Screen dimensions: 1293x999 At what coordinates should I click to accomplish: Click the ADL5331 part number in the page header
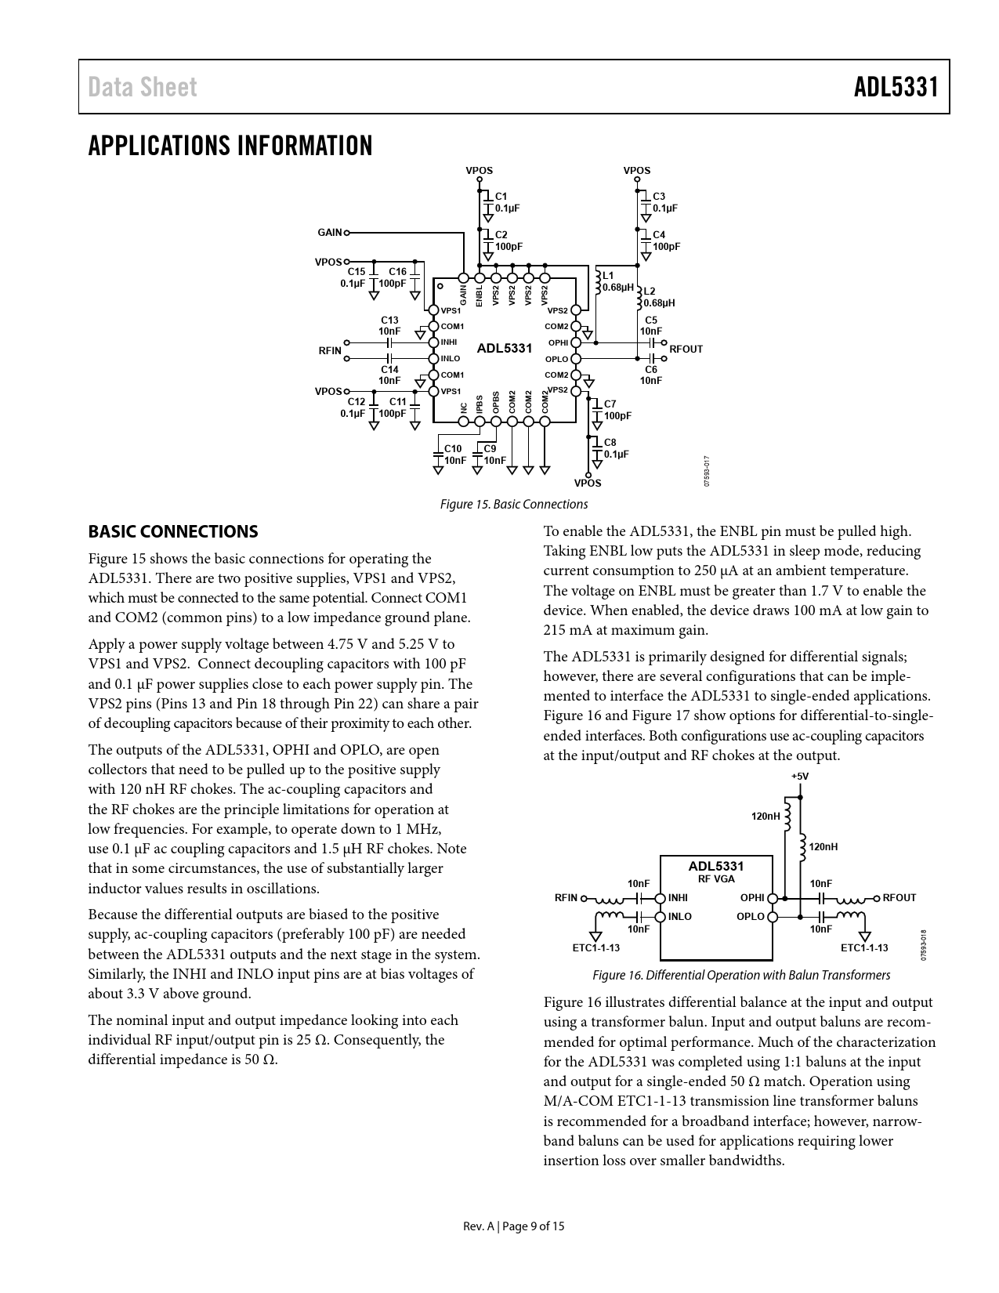(x=896, y=87)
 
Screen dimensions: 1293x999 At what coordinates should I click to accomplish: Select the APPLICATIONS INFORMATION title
(x=230, y=146)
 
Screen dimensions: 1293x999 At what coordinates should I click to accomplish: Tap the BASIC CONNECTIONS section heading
(x=172, y=531)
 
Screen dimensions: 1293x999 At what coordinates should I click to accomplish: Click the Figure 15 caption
(x=513, y=504)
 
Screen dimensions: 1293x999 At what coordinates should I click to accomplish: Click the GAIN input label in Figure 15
(x=329, y=233)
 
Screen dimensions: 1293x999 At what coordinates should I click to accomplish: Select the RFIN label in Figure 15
(x=330, y=350)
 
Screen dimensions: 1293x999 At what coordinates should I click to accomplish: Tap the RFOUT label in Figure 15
(x=686, y=349)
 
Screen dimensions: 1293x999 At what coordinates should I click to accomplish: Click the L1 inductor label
(x=608, y=275)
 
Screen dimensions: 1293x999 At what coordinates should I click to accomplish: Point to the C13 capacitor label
(x=389, y=320)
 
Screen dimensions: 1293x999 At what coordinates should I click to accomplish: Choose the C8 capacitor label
(x=610, y=443)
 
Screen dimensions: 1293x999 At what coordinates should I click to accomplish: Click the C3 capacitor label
(x=659, y=196)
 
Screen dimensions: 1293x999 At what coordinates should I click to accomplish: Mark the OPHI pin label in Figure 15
(x=558, y=342)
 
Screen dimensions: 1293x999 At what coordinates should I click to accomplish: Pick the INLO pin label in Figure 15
(x=451, y=359)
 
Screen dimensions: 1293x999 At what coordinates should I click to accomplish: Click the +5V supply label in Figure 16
(x=799, y=777)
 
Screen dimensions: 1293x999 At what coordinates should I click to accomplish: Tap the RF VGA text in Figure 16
(x=716, y=878)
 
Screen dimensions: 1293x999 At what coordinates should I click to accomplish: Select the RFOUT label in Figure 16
(x=899, y=898)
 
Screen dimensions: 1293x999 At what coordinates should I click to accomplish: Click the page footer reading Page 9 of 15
(x=513, y=1226)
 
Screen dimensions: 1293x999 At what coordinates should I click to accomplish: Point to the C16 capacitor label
(x=397, y=272)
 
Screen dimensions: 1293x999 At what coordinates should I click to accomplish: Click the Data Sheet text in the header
(x=143, y=87)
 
